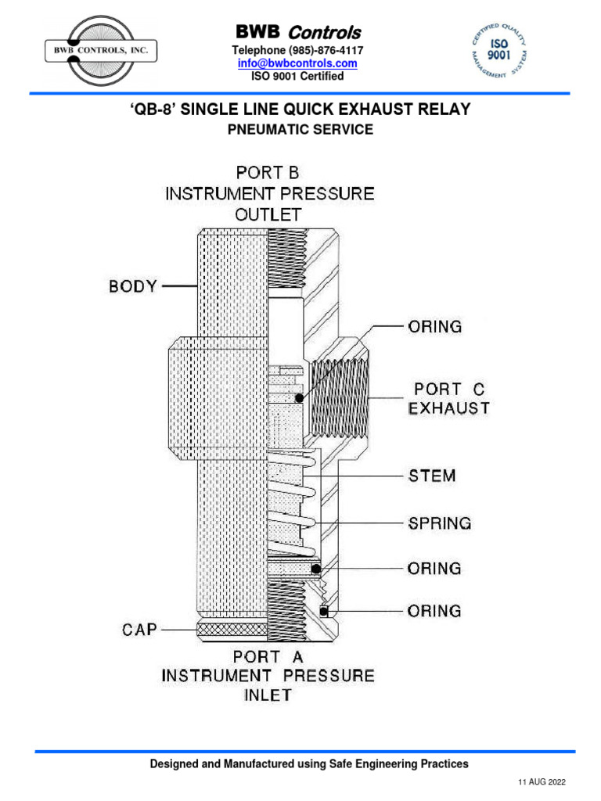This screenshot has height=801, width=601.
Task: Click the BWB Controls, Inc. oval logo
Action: [x=101, y=52]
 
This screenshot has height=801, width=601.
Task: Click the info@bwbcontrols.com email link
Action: [x=297, y=63]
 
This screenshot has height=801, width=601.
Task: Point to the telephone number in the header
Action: [x=297, y=50]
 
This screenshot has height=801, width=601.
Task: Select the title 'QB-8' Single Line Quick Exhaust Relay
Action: [x=300, y=110]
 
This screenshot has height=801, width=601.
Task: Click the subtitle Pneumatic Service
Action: [x=300, y=130]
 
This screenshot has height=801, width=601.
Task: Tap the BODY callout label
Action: [x=133, y=286]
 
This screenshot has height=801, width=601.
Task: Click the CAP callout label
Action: [x=141, y=628]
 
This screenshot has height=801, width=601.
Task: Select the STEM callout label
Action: [x=432, y=476]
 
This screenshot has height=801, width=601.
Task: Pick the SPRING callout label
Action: [x=440, y=523]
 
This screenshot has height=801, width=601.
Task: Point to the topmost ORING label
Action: [x=435, y=326]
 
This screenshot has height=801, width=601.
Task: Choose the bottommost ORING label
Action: [x=435, y=610]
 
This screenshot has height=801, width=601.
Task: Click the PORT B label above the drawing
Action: [x=268, y=172]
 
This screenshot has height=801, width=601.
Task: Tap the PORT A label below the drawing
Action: [x=268, y=658]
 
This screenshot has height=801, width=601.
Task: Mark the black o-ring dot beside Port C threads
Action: [x=299, y=398]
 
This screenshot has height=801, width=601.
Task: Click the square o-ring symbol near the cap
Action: [x=323, y=610]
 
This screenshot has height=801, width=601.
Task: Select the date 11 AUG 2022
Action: [x=542, y=782]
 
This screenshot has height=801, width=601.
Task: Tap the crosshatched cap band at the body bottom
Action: [x=231, y=629]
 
